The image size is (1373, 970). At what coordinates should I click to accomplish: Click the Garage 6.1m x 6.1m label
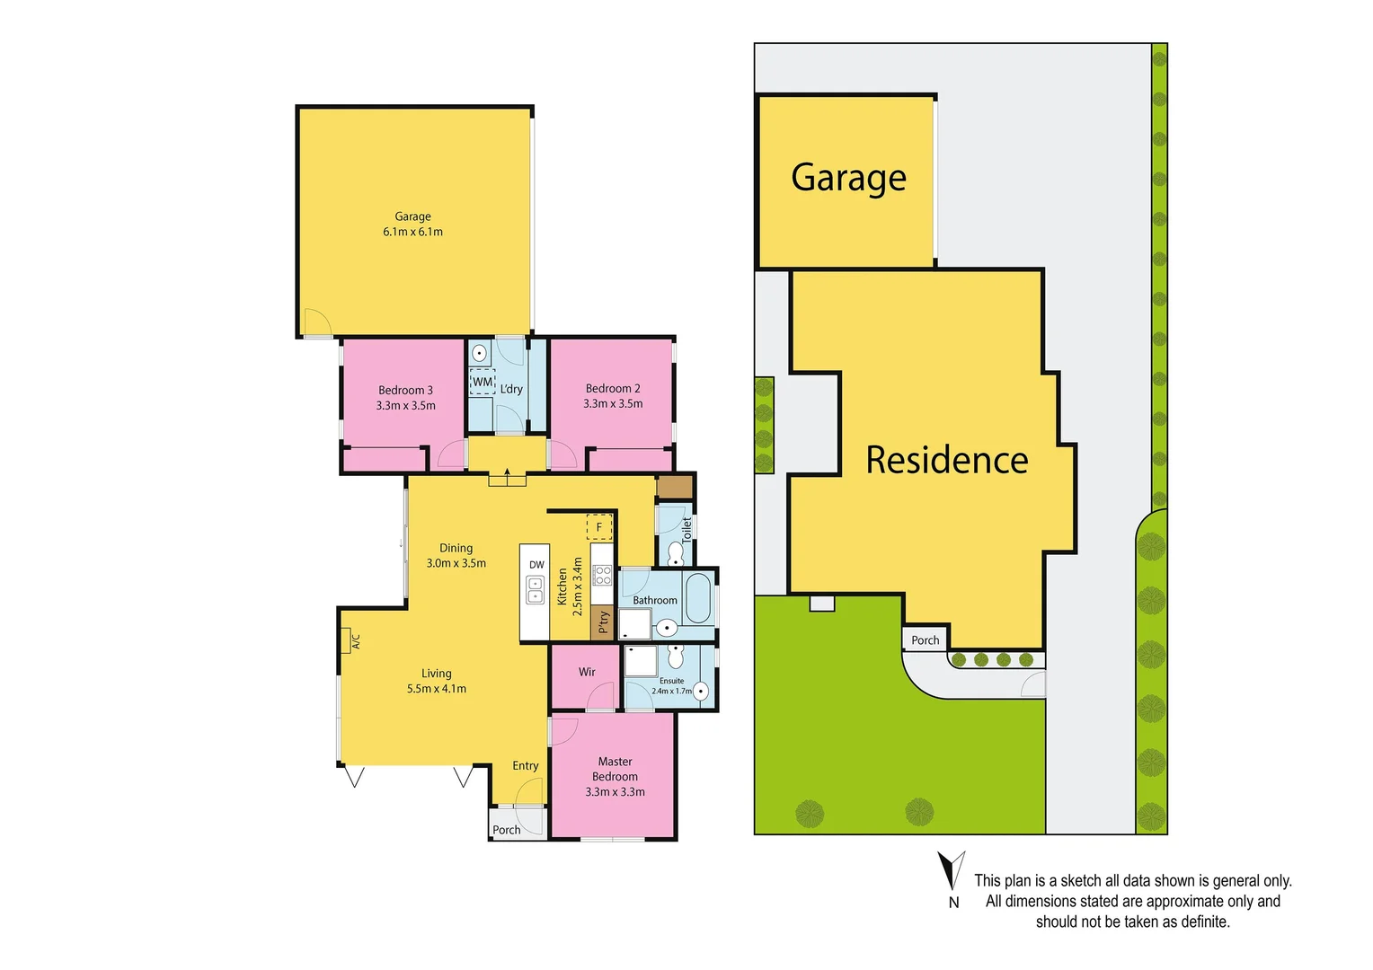412,224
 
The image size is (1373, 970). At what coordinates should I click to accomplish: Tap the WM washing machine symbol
483,382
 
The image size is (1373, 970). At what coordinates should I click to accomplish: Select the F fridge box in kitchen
599,527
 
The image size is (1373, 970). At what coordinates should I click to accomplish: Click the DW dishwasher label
536,565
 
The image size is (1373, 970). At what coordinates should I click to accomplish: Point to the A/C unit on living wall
346,640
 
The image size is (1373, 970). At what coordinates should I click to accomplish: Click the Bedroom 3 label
405,390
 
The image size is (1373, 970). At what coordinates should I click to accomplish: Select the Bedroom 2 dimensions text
613,404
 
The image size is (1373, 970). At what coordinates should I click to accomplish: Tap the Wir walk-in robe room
586,673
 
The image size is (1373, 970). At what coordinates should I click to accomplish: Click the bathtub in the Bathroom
697,600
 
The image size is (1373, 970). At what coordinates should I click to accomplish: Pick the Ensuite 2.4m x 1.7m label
671,686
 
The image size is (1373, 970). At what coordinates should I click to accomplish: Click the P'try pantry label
603,622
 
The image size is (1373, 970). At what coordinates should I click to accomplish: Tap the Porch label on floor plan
507,830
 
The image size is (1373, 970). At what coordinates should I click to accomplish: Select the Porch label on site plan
926,640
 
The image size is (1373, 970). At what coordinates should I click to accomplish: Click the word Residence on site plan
946,460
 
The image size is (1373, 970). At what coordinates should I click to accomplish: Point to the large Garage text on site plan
848,178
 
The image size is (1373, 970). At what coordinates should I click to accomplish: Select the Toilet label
687,529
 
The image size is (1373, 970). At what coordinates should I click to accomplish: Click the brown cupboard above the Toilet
674,487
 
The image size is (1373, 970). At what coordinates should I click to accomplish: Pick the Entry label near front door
526,766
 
